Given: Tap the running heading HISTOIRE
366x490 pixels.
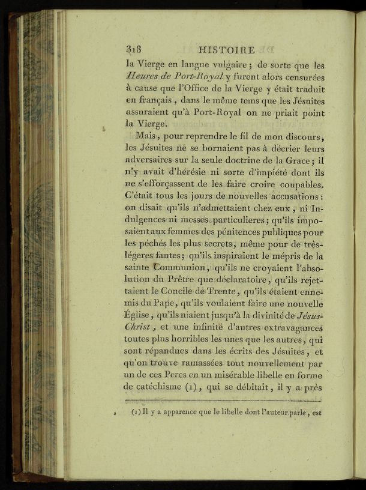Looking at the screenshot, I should [x=226, y=50].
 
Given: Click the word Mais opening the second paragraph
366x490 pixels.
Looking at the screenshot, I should [x=148, y=137].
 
